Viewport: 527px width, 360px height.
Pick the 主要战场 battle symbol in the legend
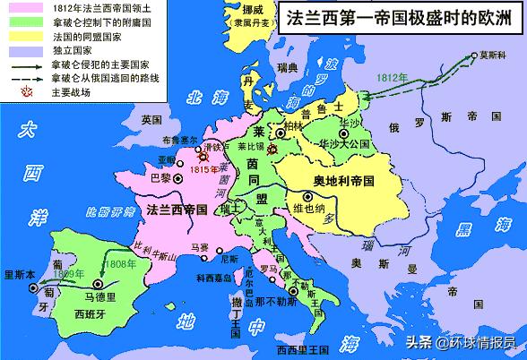(x=13, y=90)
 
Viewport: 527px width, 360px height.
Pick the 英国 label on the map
(x=151, y=120)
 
